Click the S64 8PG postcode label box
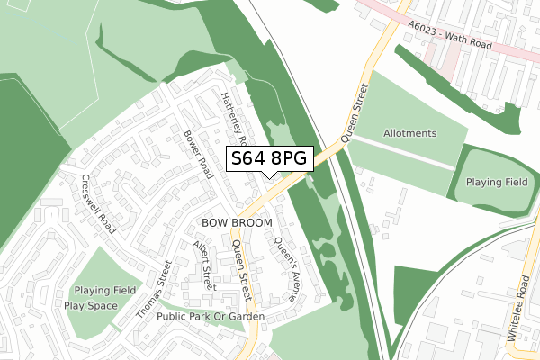pyautogui.click(x=270, y=159)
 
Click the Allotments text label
pyautogui.click(x=409, y=133)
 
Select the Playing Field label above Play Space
pyautogui.click(x=105, y=291)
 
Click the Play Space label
pyautogui.click(x=91, y=305)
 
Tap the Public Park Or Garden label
pyautogui.click(x=211, y=317)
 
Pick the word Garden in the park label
pyautogui.click(x=246, y=317)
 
